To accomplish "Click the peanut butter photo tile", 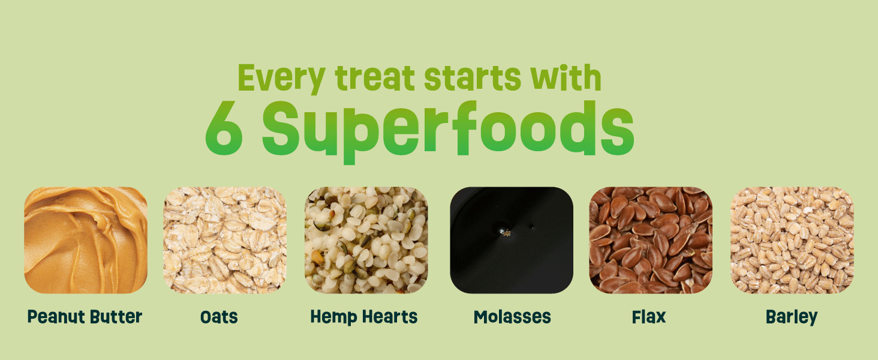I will pos(86,240).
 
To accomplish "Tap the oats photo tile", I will pos(225,240).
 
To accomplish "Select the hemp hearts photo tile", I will pos(366,240).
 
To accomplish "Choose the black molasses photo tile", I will pos(512,240).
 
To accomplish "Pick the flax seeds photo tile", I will pos(651,240).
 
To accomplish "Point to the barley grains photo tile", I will pos(791,240).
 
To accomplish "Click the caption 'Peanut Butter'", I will pos(85,317).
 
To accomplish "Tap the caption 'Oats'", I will pos(219,317).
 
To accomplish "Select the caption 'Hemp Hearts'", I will pos(364,317).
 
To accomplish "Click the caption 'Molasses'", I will pos(512,317).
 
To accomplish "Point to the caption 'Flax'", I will pos(649,317).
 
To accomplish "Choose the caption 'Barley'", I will pos(792,317).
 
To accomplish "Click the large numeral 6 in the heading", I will pos(224,129).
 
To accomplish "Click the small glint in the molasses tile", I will pos(506,232).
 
